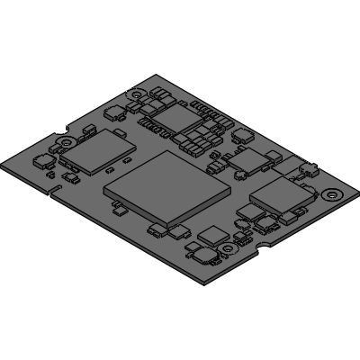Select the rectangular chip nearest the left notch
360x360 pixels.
[94, 150]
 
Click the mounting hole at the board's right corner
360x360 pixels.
[334, 193]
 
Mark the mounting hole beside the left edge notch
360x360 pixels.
[68, 141]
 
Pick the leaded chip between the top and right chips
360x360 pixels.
[244, 162]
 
